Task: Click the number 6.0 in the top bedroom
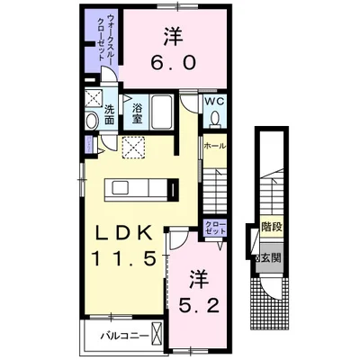173,65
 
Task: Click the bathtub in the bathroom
165,114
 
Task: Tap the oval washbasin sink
91,121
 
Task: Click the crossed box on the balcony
158,337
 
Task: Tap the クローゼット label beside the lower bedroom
213,229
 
